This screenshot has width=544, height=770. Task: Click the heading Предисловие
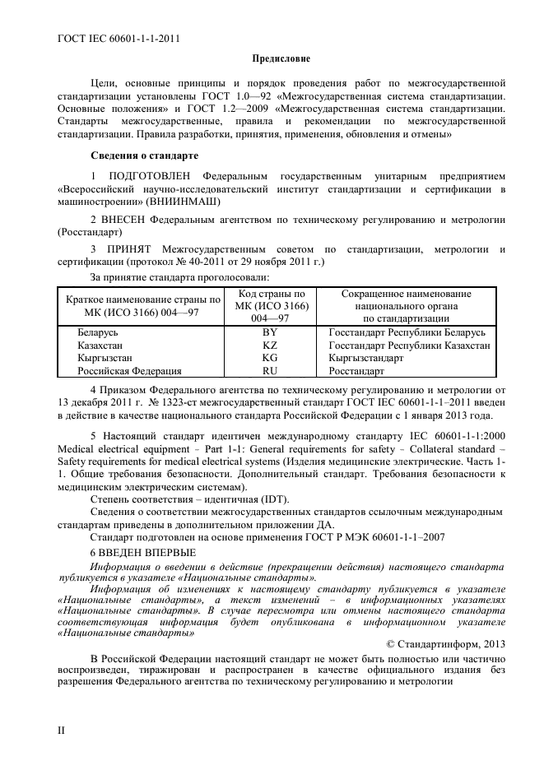click(281, 59)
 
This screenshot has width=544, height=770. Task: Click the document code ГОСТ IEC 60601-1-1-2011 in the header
click(119, 38)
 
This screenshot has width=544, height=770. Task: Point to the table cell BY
click(269, 333)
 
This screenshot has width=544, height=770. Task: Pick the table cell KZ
click(269, 346)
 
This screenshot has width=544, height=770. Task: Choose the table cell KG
click(269, 359)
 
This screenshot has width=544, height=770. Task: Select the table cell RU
click(269, 371)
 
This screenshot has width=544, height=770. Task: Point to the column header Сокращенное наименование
click(406, 294)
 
